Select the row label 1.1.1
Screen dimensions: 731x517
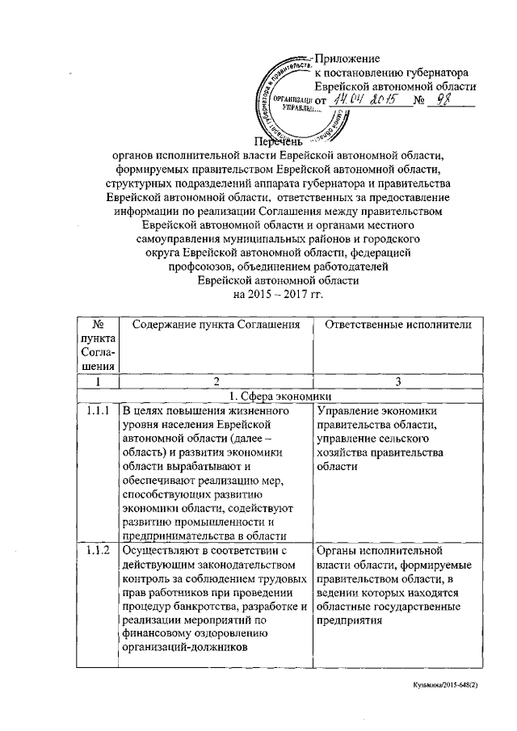coord(98,411)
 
